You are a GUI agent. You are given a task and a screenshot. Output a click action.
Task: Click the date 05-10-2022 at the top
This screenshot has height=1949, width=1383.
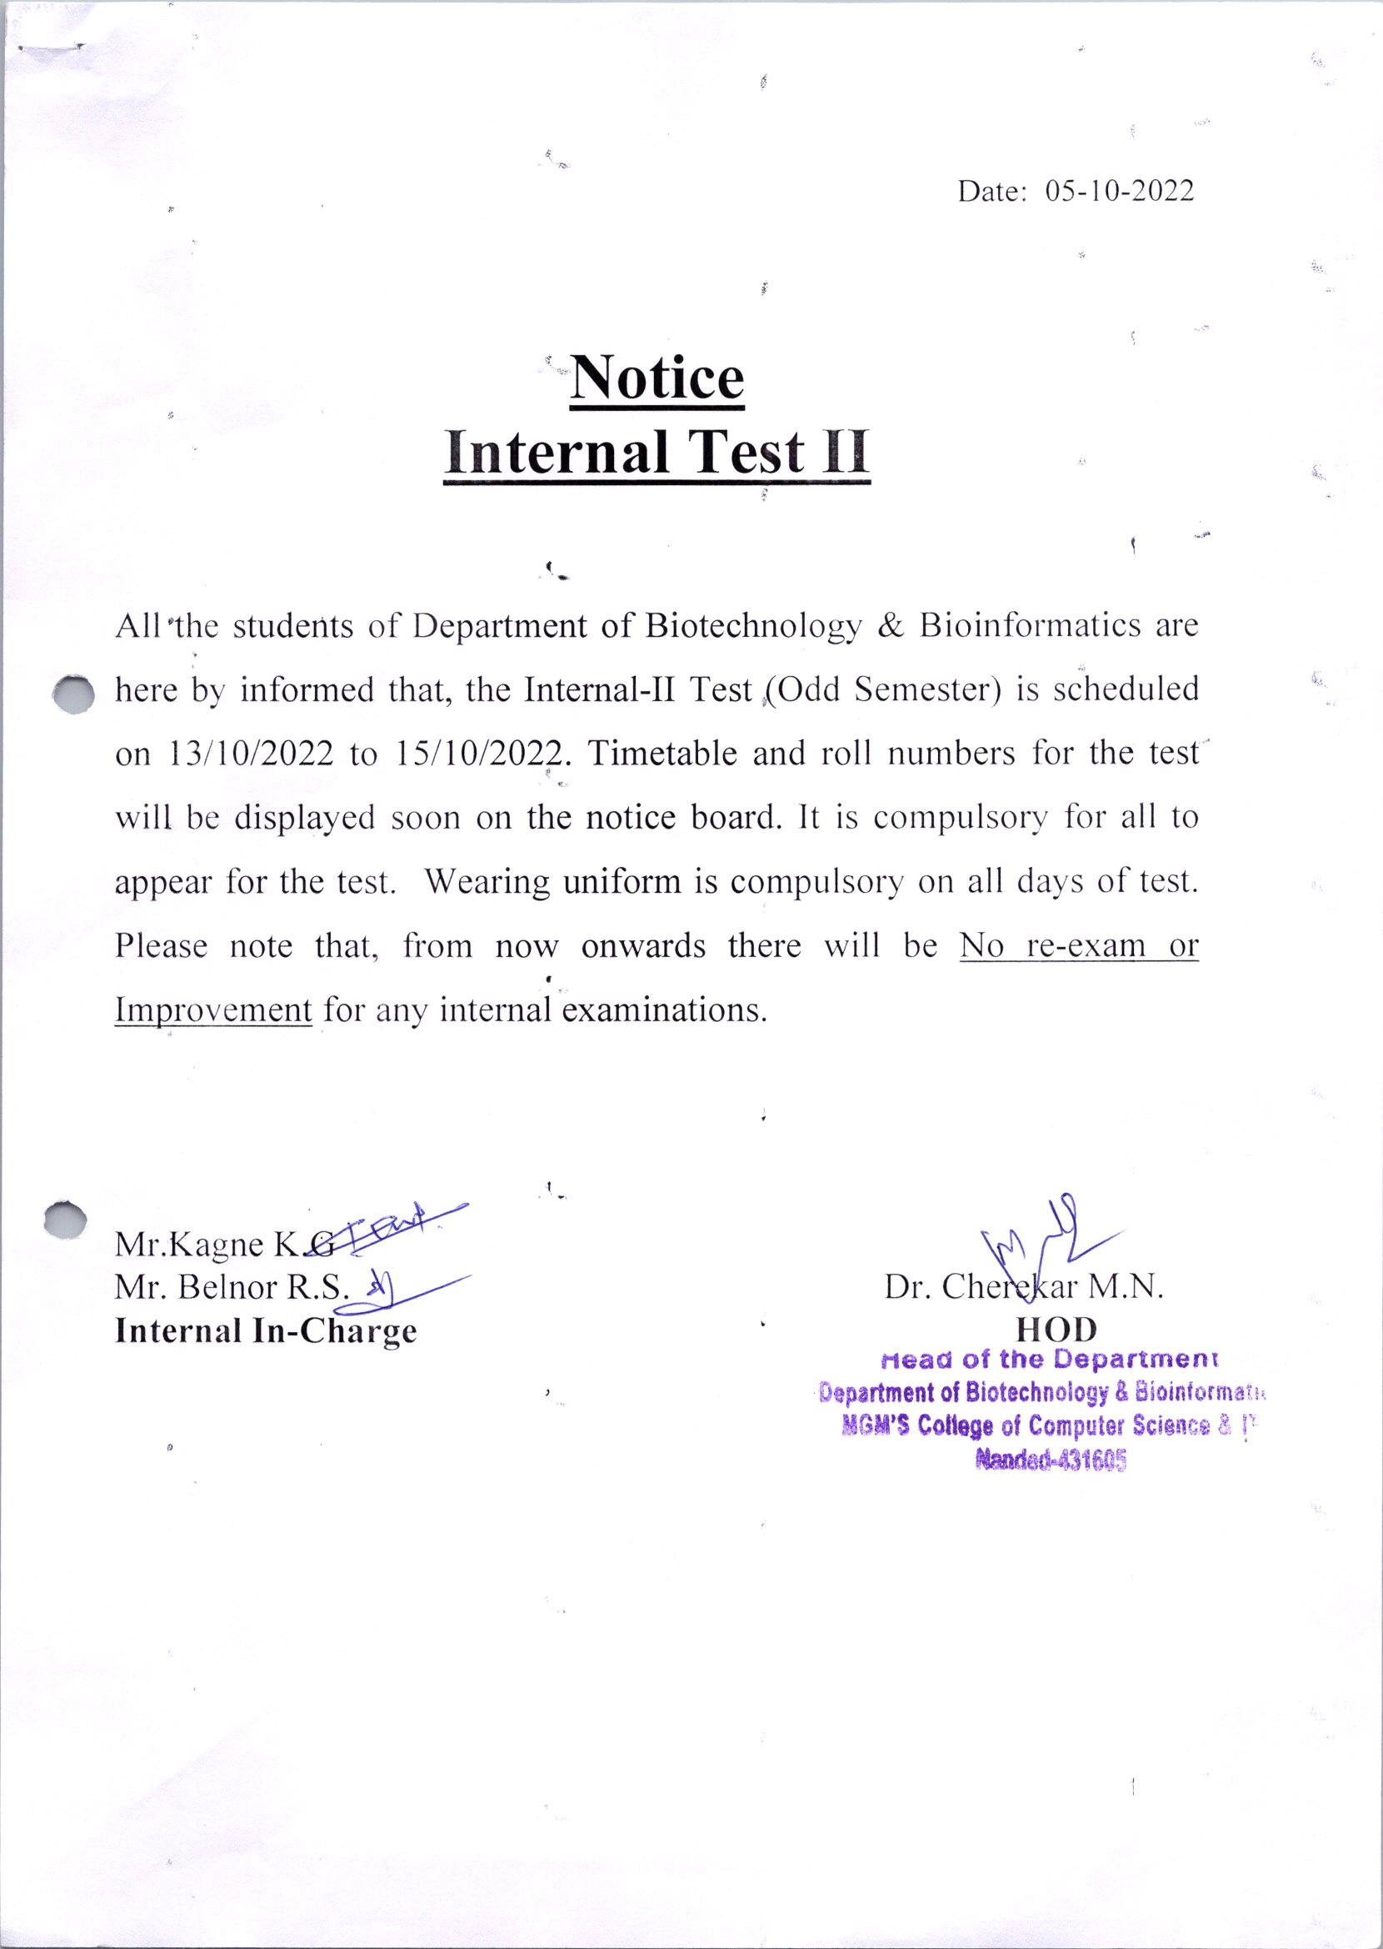[x=1118, y=192]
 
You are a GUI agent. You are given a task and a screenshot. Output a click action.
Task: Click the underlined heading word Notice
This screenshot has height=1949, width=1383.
[x=657, y=378]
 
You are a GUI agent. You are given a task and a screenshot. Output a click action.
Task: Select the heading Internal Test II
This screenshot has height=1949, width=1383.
[x=657, y=453]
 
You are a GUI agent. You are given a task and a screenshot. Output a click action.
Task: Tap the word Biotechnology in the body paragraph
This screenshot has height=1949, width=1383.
[x=753, y=627]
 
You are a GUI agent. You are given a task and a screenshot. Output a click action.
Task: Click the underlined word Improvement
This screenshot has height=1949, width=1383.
[x=213, y=1011]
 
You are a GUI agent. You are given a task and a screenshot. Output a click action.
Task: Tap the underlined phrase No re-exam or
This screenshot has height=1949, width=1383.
[x=1078, y=946]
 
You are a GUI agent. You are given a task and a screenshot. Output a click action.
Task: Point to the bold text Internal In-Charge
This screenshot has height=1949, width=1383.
[x=266, y=1331]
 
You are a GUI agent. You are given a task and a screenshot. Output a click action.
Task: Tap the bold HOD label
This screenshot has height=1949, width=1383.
[x=1057, y=1330]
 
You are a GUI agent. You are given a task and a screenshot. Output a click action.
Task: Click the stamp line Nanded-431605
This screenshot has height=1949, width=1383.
[x=1051, y=1462]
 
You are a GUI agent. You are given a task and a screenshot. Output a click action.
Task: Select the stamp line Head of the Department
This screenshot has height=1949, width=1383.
[x=1051, y=1360]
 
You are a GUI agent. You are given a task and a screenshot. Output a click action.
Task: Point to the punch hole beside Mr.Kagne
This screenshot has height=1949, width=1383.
[x=67, y=1220]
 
